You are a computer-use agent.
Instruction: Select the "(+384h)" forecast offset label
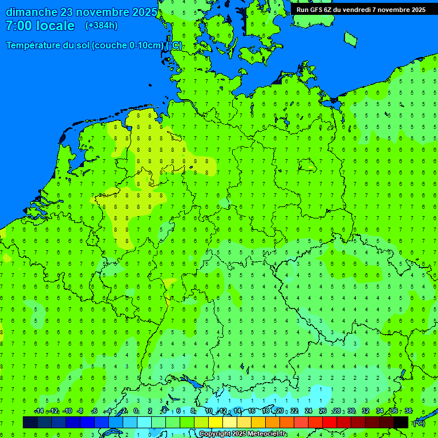tap(102, 26)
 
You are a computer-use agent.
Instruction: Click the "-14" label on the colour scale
tap(39, 411)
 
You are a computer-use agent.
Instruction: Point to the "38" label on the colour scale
tap(408, 411)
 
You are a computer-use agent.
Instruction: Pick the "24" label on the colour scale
tap(309, 411)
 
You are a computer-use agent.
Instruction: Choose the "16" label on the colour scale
tap(252, 411)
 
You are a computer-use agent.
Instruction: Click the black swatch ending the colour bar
tap(401, 422)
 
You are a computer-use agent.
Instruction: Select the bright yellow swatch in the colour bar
tap(216, 422)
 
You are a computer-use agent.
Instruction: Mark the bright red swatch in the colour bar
tap(330, 422)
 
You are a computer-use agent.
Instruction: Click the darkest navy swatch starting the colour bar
tap(30, 422)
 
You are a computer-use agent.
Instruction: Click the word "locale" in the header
tap(55, 26)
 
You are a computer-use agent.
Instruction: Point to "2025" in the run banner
tap(416, 9)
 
